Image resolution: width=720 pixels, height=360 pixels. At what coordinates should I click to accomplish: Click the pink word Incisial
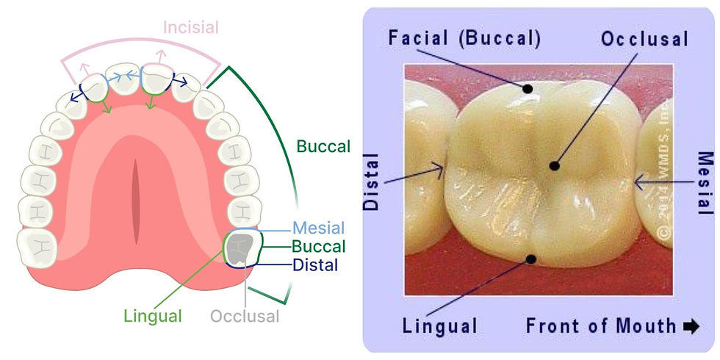click(190, 28)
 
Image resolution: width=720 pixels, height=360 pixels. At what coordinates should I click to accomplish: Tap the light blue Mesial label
click(318, 228)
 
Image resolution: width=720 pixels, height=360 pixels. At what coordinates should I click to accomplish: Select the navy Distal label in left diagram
click(314, 264)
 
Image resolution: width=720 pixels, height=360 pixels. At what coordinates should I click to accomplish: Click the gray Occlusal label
click(245, 317)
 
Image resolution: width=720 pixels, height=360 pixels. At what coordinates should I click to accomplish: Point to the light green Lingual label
click(153, 317)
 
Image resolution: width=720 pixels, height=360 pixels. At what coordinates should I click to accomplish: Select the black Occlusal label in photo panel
click(644, 39)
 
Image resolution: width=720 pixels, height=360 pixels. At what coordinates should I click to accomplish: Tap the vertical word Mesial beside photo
click(704, 183)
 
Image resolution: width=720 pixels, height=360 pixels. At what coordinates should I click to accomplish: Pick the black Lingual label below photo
click(441, 325)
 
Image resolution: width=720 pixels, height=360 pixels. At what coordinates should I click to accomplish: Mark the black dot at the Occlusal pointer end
click(555, 166)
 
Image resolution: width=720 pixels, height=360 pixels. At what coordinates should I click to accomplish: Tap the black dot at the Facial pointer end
click(528, 89)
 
